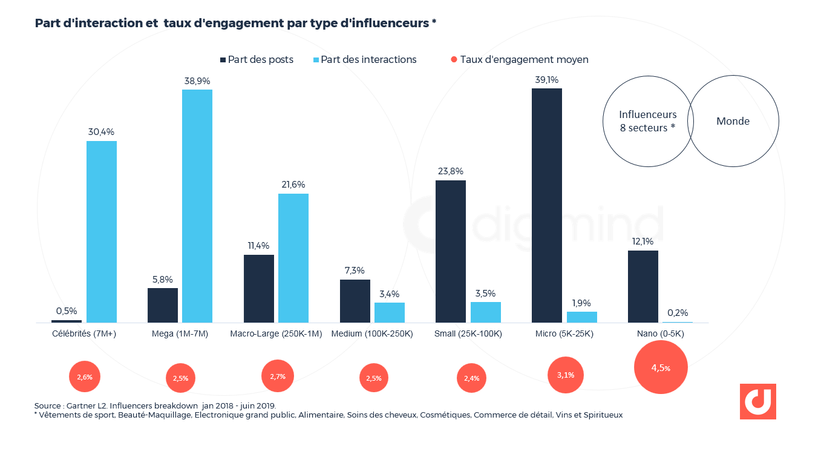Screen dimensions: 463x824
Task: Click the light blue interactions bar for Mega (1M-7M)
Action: coord(197,206)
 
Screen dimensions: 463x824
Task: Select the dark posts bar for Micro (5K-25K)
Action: coord(547,205)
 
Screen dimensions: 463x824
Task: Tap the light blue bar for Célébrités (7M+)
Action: coord(102,231)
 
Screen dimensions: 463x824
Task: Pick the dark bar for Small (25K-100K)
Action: coord(451,251)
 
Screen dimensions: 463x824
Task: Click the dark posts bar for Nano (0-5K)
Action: coord(643,286)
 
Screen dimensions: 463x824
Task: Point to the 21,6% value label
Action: coord(293,185)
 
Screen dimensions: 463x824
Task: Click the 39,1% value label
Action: coord(546,79)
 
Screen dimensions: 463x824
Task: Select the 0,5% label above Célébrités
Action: coord(67,311)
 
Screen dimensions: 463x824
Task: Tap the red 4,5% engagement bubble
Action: coord(661,367)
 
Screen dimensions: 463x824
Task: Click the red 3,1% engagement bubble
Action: coord(566,375)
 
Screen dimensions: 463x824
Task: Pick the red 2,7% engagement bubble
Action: coord(277,376)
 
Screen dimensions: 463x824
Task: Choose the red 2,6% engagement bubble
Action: coord(85,376)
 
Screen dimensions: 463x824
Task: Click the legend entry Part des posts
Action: coord(257,59)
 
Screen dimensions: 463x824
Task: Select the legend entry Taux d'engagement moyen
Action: coord(519,59)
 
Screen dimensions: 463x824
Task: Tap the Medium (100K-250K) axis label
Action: coord(372,333)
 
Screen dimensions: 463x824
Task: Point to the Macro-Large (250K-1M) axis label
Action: coord(276,333)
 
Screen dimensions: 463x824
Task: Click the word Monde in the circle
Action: coord(733,121)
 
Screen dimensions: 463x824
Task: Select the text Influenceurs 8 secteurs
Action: coord(647,120)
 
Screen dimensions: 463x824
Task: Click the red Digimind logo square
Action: coord(757,401)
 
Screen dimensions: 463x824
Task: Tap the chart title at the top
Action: coord(236,23)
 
